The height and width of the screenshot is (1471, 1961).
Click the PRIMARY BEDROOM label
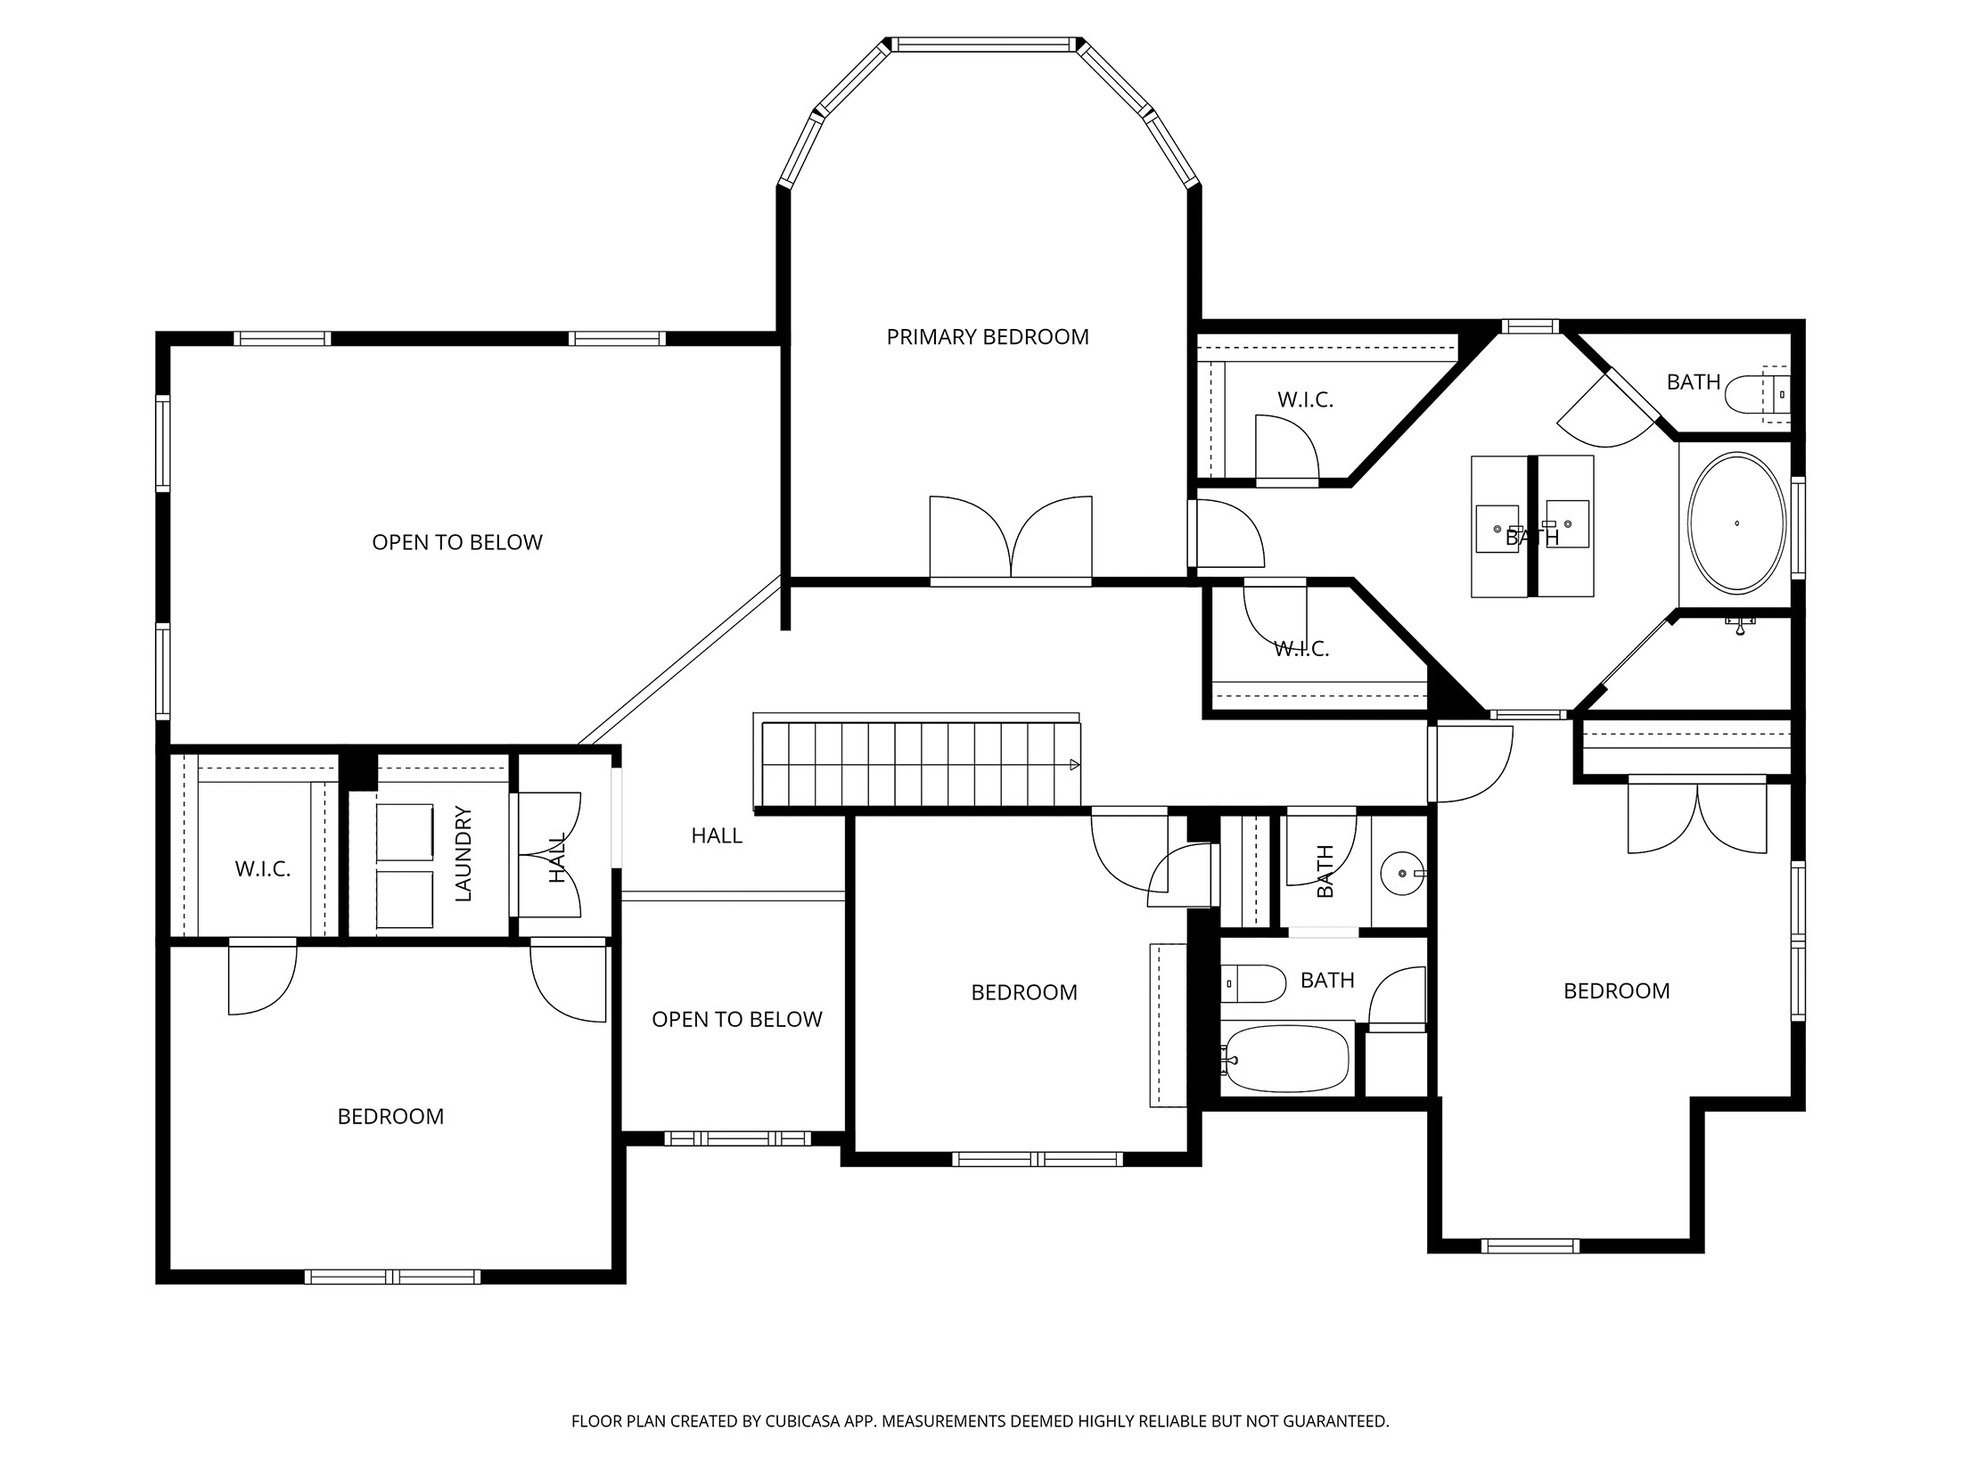[987, 337]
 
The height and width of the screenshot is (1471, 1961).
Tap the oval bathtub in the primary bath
[1736, 523]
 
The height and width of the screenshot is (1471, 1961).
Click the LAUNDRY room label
[463, 853]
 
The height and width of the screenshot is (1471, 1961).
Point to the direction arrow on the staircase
[1074, 764]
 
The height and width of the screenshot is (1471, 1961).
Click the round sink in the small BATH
[1400, 874]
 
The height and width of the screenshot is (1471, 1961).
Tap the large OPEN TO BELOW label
[456, 542]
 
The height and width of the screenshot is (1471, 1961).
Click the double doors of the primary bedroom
[1010, 539]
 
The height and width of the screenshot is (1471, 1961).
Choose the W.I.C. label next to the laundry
[262, 869]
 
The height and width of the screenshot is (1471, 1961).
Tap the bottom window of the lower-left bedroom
[392, 1277]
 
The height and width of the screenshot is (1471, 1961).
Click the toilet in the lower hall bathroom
[1252, 983]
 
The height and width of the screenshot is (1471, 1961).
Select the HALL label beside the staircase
[716, 835]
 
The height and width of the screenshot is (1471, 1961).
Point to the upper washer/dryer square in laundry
[405, 832]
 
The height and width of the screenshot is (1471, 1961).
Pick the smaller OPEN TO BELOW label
[736, 1019]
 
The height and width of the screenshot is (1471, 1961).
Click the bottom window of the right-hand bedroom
[1530, 1245]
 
